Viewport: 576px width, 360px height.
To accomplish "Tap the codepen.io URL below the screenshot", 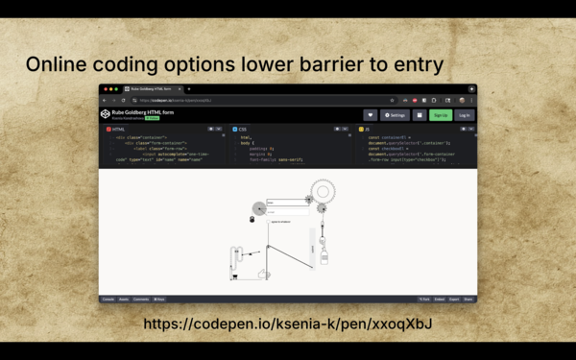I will tap(287, 324).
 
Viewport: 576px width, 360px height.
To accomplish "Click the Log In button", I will tap(465, 115).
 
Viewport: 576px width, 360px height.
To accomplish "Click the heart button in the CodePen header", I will tap(370, 115).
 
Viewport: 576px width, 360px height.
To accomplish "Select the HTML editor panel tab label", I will tap(117, 129).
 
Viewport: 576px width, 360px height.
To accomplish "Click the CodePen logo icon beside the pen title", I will tap(106, 114).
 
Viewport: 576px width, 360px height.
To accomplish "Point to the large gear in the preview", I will tap(323, 192).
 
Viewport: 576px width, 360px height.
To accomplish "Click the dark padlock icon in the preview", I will tap(252, 220).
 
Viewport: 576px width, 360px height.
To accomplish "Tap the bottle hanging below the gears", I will tap(324, 257).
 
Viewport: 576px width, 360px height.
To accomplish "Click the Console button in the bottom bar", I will tap(108, 300).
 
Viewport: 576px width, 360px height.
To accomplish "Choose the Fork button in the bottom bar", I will tap(424, 300).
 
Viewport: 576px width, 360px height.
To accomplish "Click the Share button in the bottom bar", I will tap(468, 300).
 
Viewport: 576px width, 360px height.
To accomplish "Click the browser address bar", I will tap(259, 100).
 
